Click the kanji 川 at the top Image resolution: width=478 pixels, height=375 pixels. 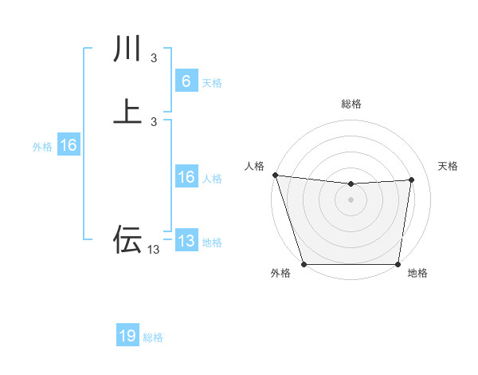(x=127, y=49)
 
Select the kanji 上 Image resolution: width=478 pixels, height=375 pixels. (x=127, y=111)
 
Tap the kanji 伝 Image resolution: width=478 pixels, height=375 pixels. (x=127, y=239)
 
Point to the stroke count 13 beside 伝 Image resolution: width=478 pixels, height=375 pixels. (x=154, y=250)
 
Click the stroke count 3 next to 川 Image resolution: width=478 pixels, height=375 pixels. (x=154, y=58)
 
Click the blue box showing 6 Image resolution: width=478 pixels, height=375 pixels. (x=186, y=81)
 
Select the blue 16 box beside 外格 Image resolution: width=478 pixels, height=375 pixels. (x=68, y=145)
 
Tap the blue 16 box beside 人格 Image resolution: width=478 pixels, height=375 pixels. (x=186, y=177)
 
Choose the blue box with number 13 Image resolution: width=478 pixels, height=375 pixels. (x=186, y=241)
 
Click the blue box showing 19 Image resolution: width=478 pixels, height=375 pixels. (x=127, y=336)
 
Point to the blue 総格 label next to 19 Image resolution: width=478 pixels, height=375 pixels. (x=153, y=337)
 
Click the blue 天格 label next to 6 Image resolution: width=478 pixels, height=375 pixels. (x=212, y=83)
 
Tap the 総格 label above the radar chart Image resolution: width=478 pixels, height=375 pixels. (x=351, y=104)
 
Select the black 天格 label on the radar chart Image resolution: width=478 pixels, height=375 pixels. (x=449, y=166)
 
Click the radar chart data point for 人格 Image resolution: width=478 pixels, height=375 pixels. (x=275, y=175)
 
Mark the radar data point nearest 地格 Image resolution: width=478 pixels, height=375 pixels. (x=398, y=264)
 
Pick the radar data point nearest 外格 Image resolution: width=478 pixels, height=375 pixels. (x=304, y=264)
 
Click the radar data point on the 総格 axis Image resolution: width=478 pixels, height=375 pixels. (x=351, y=184)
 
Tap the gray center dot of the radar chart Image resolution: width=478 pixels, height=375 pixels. (x=351, y=199)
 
